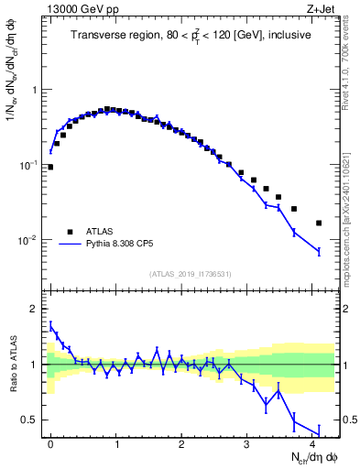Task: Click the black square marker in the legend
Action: [x=70, y=232]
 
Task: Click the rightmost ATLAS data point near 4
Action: [x=319, y=223]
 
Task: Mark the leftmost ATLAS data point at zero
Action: [x=50, y=167]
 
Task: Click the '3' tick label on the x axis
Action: [x=246, y=444]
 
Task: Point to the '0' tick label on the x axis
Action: [x=50, y=444]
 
